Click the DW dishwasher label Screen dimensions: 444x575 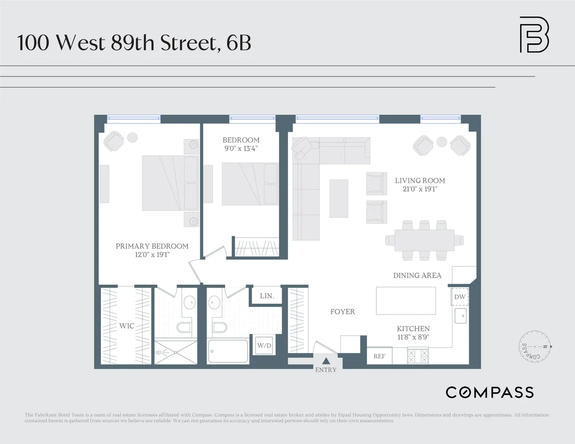(x=460, y=297)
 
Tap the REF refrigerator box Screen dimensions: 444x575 (x=379, y=356)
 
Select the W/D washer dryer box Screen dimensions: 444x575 (x=264, y=345)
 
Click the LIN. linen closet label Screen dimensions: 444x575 (x=267, y=296)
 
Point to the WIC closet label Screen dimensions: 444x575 (x=127, y=326)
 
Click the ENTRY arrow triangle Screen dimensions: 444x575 (x=326, y=361)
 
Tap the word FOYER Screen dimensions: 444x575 (x=343, y=312)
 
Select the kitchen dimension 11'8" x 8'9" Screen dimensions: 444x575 (x=413, y=337)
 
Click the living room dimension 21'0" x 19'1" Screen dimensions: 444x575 (x=420, y=189)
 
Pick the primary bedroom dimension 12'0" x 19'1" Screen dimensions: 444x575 (x=152, y=254)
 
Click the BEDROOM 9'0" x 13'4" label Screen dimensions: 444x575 (x=241, y=144)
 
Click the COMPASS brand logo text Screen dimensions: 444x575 (x=490, y=392)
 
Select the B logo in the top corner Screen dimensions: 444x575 (x=534, y=35)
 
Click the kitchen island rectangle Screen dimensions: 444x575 (x=406, y=301)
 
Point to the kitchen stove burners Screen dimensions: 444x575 (x=418, y=356)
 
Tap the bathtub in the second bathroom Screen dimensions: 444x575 (x=228, y=351)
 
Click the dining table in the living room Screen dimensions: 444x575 (x=424, y=240)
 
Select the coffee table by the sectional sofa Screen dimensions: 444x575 (x=339, y=198)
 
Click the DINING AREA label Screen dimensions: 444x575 (x=417, y=275)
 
